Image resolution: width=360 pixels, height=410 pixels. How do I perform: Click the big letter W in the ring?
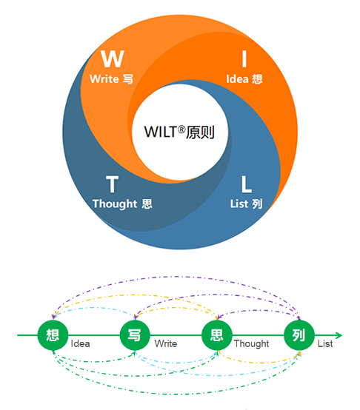tap(113, 58)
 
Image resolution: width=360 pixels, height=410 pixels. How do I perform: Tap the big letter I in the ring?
tap(244, 58)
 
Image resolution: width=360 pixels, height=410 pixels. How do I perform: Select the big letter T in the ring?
tap(113, 184)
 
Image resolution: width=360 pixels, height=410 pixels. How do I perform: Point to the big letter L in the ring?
tap(246, 184)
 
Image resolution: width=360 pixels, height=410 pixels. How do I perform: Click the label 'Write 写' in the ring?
tap(111, 79)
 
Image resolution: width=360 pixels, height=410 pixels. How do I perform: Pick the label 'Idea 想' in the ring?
tap(244, 79)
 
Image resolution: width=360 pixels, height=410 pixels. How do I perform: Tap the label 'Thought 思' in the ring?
tap(122, 204)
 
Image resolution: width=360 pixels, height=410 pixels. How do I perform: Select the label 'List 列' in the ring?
tap(246, 204)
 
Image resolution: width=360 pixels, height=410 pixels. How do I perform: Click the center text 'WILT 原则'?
tap(179, 132)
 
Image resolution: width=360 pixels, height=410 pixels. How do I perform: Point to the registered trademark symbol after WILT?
tap(181, 130)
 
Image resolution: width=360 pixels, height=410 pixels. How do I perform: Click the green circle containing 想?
tap(53, 335)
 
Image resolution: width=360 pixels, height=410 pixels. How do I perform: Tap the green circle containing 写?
tap(135, 335)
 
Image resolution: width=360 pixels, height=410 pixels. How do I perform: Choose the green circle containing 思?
tap(217, 335)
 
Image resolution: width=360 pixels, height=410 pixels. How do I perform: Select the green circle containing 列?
tap(299, 335)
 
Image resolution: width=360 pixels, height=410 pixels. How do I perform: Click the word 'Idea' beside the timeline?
tap(80, 343)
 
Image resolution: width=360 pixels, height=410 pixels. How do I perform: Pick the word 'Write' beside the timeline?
tap(166, 343)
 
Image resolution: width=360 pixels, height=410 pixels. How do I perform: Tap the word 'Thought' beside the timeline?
tap(251, 344)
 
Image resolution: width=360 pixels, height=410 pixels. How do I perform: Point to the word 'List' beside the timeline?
tap(325, 343)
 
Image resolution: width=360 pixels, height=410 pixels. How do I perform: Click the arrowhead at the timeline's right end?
tap(339, 335)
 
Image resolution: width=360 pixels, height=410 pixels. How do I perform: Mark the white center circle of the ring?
tap(180, 132)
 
